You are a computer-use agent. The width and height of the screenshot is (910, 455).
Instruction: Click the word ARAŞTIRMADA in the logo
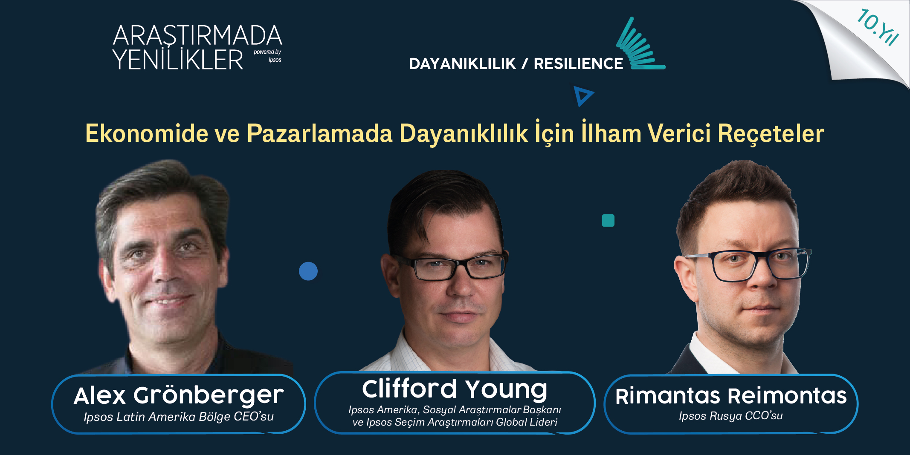(197, 35)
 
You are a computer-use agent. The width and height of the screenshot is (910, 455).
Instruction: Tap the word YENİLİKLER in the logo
(178, 59)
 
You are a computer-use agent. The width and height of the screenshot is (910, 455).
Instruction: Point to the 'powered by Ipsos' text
(267, 56)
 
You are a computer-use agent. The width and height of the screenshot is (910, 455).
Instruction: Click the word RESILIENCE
(578, 64)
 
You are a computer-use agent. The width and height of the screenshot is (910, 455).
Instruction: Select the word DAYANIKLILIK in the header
(463, 64)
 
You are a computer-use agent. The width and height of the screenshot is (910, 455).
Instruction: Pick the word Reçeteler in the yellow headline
(771, 134)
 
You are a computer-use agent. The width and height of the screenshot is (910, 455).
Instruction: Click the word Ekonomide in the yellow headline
(147, 133)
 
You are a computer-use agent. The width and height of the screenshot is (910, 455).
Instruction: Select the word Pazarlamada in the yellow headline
(319, 133)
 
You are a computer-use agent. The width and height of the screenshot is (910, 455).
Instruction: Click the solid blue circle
(308, 271)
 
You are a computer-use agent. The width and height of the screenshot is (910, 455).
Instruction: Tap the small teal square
(608, 220)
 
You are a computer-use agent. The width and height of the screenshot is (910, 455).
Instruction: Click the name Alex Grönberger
(179, 395)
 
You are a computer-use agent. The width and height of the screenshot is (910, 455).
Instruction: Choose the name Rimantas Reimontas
(731, 396)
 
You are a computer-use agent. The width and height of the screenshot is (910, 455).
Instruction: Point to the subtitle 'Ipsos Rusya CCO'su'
(731, 416)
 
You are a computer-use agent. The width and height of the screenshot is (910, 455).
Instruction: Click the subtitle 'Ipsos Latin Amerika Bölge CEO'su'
(179, 417)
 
